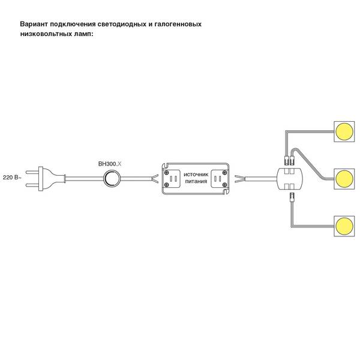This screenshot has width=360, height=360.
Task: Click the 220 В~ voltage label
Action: click(12, 178)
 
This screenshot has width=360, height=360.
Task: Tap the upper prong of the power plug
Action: click(32, 172)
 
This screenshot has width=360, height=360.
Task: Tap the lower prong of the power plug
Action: click(32, 185)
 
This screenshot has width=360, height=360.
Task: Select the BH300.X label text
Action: click(110, 164)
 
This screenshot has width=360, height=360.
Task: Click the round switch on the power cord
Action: click(112, 179)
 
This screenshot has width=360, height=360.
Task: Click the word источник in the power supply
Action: click(196, 174)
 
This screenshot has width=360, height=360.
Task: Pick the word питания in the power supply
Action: click(196, 181)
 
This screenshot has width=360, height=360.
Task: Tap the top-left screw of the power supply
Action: click(167, 173)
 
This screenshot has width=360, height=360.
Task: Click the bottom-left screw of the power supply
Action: click(167, 185)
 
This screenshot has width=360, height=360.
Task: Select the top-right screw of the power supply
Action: click(225, 173)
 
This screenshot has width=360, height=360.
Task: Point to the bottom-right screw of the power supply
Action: click(225, 185)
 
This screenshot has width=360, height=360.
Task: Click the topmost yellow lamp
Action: click(344, 131)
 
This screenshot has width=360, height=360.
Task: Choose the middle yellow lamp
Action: click(344, 179)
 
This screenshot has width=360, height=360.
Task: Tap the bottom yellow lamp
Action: click(344, 226)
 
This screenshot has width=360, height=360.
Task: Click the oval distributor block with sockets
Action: click(290, 179)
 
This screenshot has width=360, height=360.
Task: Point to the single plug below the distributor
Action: click(292, 197)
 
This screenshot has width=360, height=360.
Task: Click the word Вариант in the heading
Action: click(34, 24)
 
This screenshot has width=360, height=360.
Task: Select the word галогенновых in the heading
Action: click(178, 24)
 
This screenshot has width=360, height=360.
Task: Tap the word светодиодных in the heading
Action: click(122, 25)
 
